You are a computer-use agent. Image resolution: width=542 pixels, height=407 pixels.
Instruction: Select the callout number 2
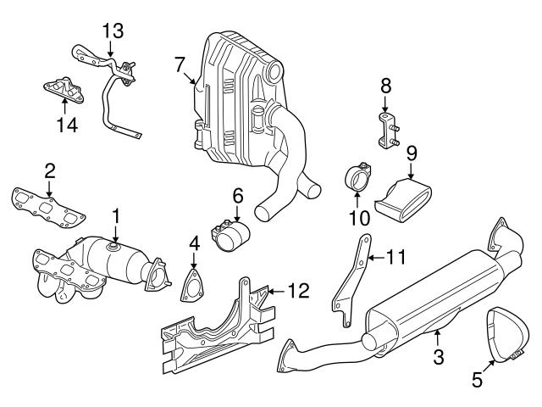[x=50, y=169]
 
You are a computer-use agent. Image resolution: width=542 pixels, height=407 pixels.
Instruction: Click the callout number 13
[x=113, y=31]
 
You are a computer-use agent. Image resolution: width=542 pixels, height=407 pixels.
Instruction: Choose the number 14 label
[x=67, y=125]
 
